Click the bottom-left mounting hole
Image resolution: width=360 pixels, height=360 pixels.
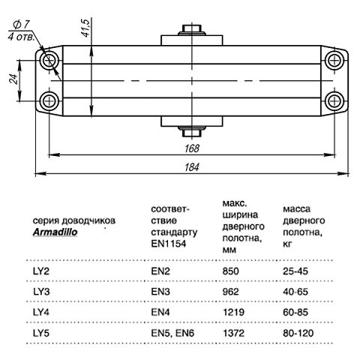click(x=51, y=100)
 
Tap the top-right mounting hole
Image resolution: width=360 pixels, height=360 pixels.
click(x=333, y=60)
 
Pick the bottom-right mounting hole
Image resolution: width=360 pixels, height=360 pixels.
click(x=333, y=100)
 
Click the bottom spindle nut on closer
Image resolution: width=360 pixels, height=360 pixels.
click(x=191, y=130)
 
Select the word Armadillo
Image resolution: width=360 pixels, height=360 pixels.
click(x=55, y=232)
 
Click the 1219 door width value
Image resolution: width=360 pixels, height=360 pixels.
click(x=233, y=308)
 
